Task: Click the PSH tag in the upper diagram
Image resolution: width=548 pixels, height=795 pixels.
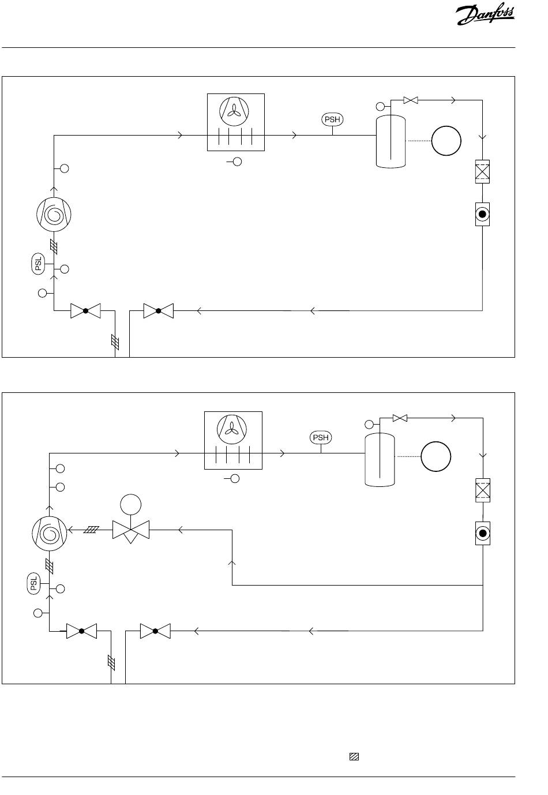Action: point(332,120)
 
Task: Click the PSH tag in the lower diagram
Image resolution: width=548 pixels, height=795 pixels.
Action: point(321,438)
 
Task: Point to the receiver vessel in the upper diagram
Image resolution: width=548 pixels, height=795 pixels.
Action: point(391,141)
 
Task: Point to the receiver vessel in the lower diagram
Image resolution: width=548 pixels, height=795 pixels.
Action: point(380,459)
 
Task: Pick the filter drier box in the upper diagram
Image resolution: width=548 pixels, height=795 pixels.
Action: point(482,171)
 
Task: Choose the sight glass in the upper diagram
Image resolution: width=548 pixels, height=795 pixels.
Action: point(483,215)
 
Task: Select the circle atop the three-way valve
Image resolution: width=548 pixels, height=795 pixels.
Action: point(130,505)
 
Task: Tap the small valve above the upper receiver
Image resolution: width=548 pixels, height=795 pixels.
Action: point(410,100)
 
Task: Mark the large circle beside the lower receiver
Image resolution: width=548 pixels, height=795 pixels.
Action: point(436,457)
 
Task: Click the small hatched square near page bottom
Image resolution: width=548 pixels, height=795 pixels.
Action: point(354,757)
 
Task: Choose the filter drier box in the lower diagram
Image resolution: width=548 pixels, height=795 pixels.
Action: point(483,490)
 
